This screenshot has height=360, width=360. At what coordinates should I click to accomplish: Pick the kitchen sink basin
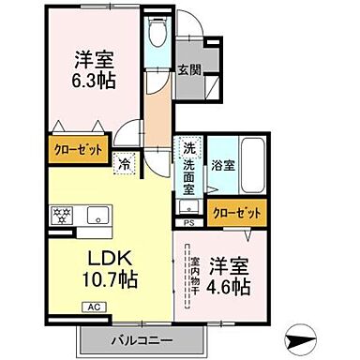96,215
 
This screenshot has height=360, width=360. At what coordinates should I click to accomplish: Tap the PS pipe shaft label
188,222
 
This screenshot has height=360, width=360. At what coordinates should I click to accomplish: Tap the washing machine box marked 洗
187,147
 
